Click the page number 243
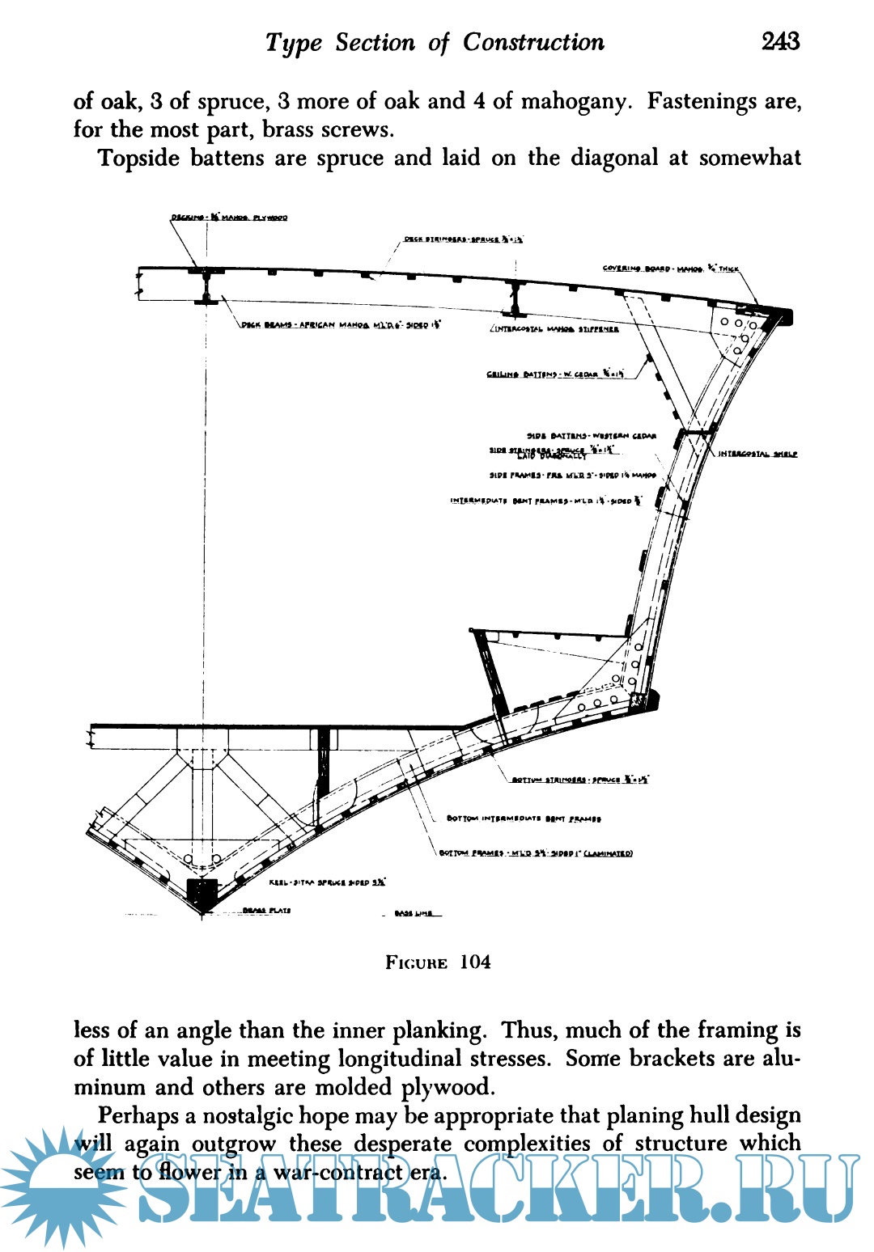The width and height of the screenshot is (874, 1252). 780,41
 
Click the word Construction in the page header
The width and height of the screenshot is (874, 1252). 533,42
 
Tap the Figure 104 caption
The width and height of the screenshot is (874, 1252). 438,962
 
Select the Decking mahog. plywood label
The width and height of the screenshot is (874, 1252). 229,218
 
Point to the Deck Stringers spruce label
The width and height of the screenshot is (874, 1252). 464,239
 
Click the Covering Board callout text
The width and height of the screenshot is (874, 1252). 671,269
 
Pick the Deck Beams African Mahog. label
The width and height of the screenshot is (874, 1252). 341,325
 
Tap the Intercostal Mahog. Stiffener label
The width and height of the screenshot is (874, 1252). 555,329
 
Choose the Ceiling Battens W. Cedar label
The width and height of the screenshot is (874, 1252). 555,374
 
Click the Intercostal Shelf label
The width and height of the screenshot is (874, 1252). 757,454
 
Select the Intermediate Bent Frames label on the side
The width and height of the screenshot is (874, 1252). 546,501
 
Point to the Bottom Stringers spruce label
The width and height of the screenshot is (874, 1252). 580,780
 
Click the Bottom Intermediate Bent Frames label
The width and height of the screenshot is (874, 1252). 524,818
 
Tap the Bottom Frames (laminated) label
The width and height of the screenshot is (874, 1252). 536,852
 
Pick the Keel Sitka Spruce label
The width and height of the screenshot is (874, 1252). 327,882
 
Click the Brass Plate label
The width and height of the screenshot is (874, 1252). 266,911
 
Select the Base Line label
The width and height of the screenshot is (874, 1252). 414,914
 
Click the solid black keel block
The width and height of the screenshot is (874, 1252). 202,892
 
